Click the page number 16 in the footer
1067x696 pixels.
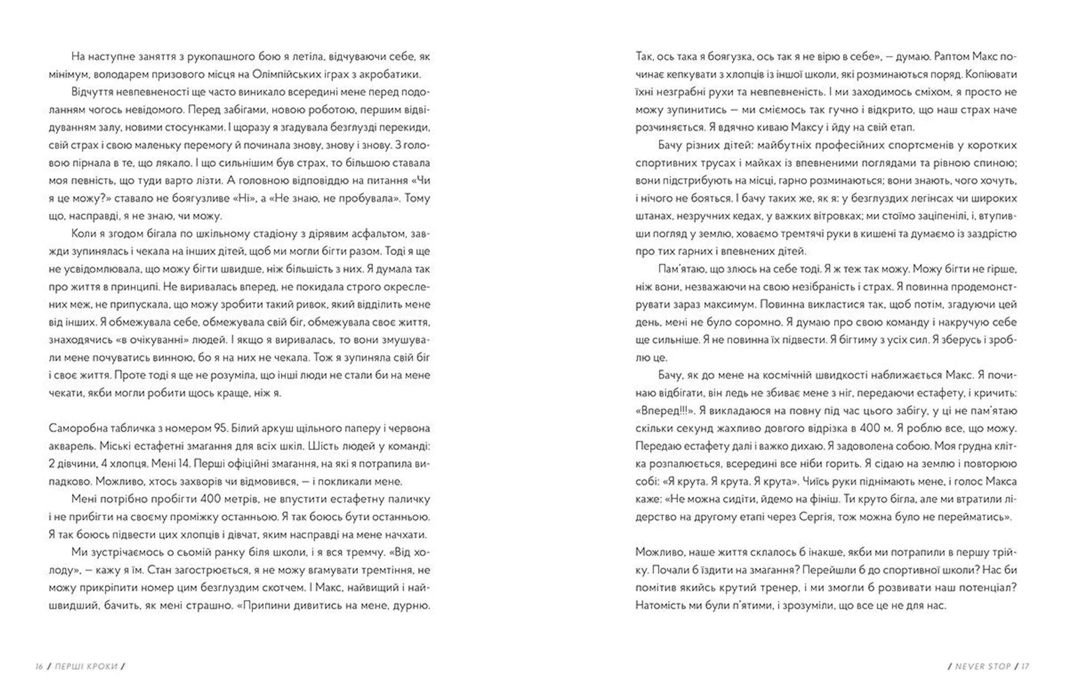(x=39, y=667)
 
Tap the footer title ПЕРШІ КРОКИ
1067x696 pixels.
(x=86, y=667)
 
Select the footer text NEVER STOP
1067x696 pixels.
(x=983, y=667)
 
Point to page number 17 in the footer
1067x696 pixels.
(x=1025, y=667)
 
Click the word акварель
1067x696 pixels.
(x=70, y=446)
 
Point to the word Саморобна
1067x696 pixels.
(x=76, y=428)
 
